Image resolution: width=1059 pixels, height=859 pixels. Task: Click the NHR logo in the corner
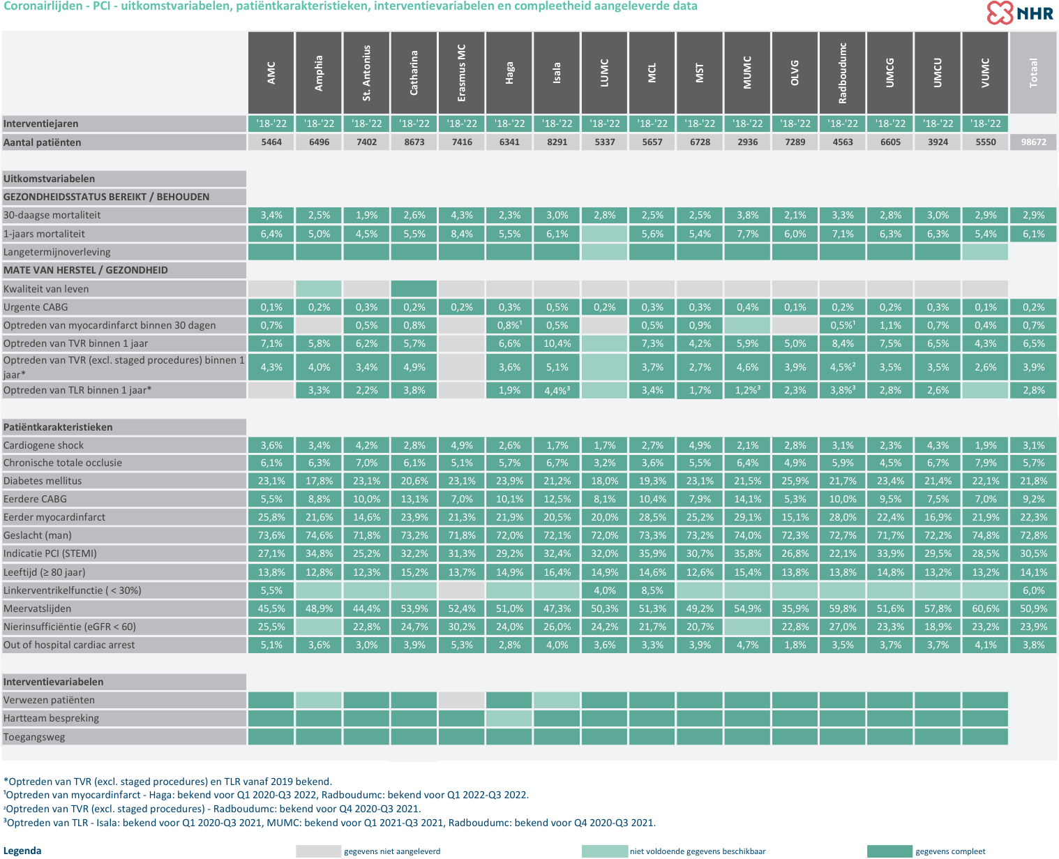(x=1020, y=13)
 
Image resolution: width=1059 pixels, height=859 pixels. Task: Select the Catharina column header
(x=414, y=73)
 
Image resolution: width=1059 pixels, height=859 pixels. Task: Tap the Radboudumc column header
(x=843, y=73)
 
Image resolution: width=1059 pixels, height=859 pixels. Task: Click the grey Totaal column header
(x=1033, y=73)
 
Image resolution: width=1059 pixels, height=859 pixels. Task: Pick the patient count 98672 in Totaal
(x=1033, y=142)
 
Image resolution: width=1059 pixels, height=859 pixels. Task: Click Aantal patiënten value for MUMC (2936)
(x=747, y=142)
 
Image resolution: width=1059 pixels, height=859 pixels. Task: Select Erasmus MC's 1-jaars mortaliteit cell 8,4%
(x=461, y=234)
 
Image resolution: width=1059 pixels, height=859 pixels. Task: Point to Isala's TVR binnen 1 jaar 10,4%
(x=557, y=343)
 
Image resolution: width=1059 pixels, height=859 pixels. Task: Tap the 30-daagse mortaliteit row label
(x=52, y=215)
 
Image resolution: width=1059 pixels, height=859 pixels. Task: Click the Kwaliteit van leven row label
(x=46, y=289)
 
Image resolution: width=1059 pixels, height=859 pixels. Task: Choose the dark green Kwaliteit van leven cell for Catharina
(x=414, y=288)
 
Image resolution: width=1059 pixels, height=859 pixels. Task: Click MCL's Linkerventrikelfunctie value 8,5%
(x=652, y=590)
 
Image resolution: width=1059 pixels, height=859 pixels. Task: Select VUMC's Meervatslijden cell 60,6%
(x=985, y=608)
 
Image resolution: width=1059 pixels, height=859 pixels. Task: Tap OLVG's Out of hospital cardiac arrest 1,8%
(x=795, y=645)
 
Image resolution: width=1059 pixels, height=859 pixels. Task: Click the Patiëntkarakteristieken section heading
(x=58, y=427)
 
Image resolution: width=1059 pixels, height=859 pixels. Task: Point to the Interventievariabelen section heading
(x=53, y=682)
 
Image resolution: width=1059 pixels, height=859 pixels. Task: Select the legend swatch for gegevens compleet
(x=889, y=851)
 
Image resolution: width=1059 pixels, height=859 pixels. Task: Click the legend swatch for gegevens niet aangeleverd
(x=318, y=851)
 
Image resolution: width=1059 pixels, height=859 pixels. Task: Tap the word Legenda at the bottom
(x=22, y=851)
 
